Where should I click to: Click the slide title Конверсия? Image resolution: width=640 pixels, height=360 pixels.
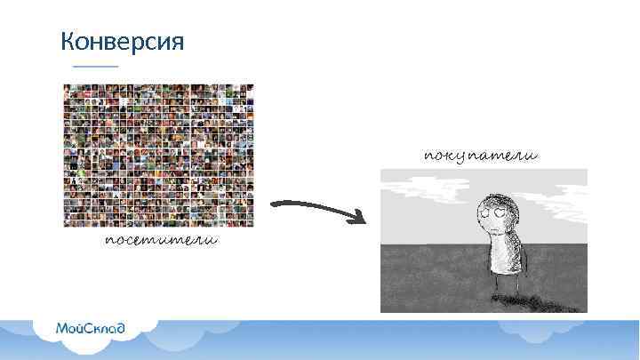[x=122, y=41]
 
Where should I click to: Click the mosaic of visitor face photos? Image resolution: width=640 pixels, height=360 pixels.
[x=158, y=156]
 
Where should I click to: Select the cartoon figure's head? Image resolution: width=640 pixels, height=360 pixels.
[x=493, y=210]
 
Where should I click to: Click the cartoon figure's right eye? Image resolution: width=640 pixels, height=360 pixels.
[x=501, y=210]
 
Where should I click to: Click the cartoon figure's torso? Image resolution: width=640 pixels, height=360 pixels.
[x=505, y=253]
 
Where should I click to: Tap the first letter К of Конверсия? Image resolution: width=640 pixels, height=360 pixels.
[x=67, y=41]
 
